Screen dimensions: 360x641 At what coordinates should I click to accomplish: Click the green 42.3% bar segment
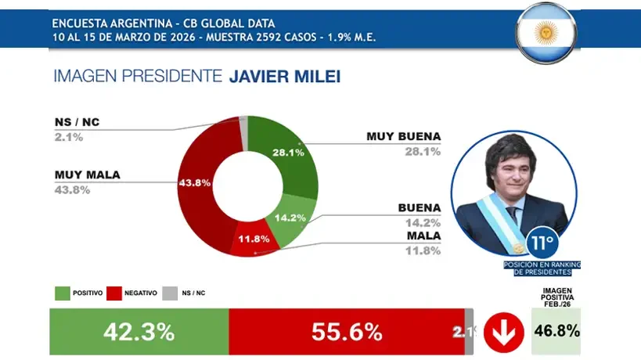coord(139,331)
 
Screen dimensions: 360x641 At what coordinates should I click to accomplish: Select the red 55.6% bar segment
coord(346,331)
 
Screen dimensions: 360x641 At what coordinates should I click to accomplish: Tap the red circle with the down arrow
coord(503,332)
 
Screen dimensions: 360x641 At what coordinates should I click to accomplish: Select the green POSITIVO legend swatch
coord(62,293)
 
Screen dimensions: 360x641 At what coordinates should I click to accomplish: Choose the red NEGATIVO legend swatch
coord(113,293)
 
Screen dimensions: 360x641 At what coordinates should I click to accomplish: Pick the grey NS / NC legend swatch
coord(169,293)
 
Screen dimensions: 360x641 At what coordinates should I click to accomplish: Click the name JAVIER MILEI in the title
coord(285,76)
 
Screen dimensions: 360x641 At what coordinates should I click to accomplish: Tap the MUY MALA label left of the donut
coord(87,175)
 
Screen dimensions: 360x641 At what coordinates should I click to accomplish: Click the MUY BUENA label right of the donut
coord(403,136)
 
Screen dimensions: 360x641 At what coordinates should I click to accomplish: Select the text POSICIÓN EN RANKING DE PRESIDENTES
coord(544,268)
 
